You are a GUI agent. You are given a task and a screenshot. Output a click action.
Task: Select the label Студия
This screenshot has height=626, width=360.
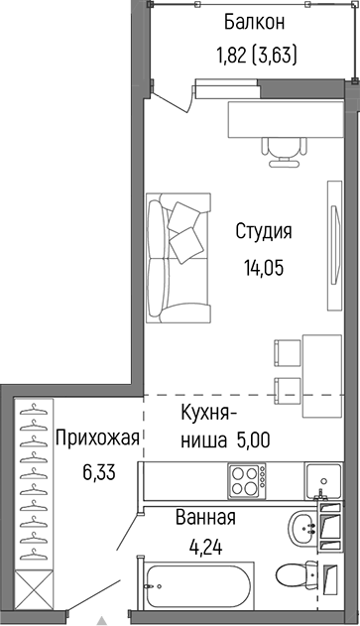tap(263, 232)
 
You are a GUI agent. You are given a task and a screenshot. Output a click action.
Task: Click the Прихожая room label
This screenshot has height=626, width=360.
tap(95, 438)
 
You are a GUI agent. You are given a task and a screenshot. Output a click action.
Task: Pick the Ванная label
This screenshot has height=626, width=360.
tap(205, 518)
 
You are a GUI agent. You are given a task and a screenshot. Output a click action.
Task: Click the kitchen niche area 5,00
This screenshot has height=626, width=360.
tap(253, 438)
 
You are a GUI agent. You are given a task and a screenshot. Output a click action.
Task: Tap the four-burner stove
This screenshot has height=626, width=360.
tap(247, 484)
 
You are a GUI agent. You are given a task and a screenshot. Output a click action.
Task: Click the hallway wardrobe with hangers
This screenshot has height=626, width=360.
tap(35, 496)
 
